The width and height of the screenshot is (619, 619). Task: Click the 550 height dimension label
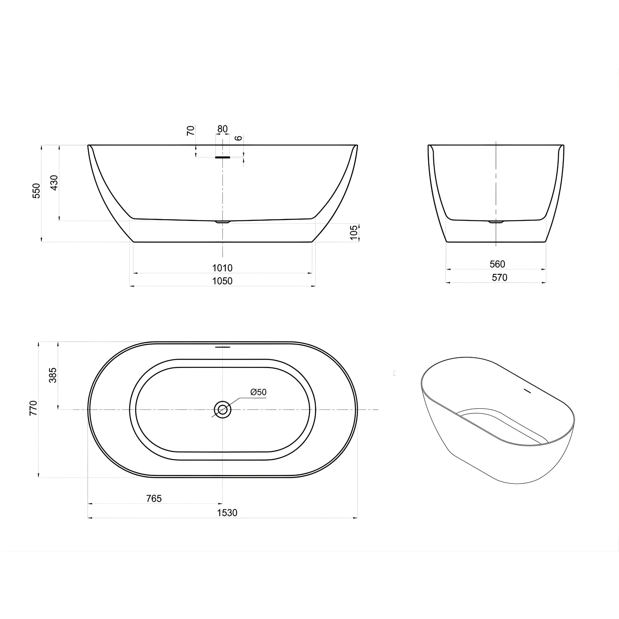(x=37, y=191)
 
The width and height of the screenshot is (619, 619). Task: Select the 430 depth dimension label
(x=54, y=183)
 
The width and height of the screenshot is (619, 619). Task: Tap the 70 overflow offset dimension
(x=191, y=131)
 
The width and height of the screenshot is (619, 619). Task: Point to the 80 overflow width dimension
(x=222, y=129)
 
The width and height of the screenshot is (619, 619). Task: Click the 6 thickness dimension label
(x=239, y=138)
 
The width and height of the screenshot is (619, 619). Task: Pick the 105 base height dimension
(x=354, y=232)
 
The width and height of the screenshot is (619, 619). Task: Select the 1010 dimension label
(x=222, y=267)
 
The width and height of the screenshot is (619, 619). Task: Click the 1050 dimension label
(x=222, y=281)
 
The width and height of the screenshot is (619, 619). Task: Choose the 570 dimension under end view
(x=500, y=277)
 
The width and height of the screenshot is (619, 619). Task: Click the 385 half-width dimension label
(x=53, y=375)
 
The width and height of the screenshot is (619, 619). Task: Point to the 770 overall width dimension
(x=34, y=408)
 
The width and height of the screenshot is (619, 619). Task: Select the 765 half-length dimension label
(x=154, y=498)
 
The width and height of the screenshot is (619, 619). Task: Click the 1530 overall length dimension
(x=227, y=513)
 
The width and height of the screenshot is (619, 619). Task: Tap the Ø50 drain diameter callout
(x=258, y=392)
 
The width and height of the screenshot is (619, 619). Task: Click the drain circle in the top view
(x=222, y=410)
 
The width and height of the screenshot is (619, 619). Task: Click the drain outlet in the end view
(x=496, y=222)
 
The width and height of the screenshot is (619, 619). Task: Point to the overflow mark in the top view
(x=222, y=347)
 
